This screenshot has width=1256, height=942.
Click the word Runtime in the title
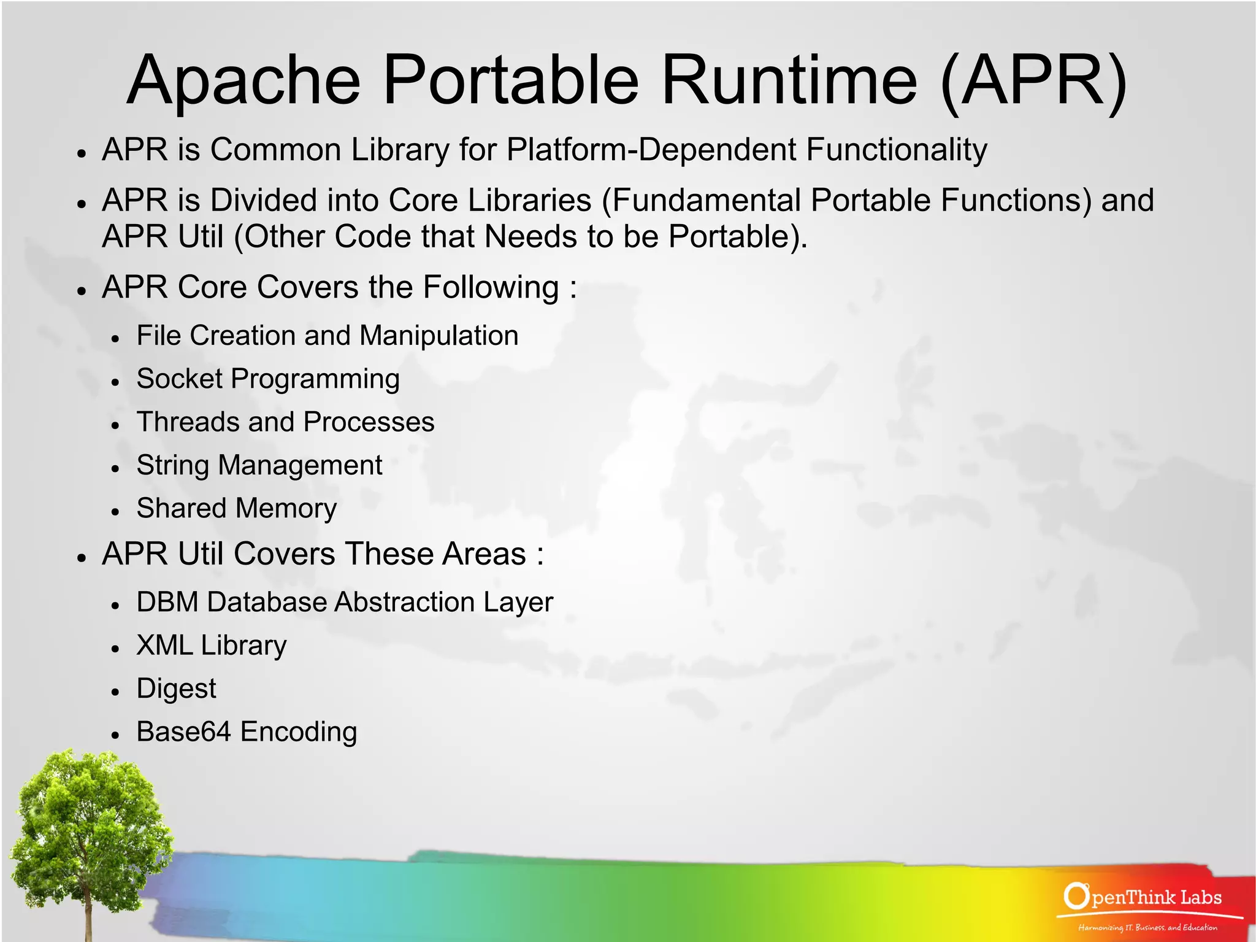pyautogui.click(x=789, y=80)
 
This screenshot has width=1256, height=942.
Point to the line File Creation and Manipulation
pyautogui.click(x=327, y=336)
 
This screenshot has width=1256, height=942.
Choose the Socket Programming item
pyautogui.click(x=268, y=379)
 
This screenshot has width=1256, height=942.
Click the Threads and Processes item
pyautogui.click(x=285, y=422)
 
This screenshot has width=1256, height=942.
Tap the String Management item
pyautogui.click(x=259, y=465)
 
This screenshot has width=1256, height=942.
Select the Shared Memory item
pyautogui.click(x=237, y=509)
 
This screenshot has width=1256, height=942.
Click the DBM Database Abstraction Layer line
pyautogui.click(x=345, y=603)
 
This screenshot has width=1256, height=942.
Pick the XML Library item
pyautogui.click(x=212, y=646)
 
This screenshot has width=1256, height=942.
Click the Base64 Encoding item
pyautogui.click(x=247, y=732)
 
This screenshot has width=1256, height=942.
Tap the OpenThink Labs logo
pyautogui.click(x=1143, y=897)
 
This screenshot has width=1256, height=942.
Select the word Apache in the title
pyautogui.click(x=244, y=80)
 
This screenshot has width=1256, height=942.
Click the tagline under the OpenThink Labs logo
pyautogui.click(x=1147, y=927)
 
